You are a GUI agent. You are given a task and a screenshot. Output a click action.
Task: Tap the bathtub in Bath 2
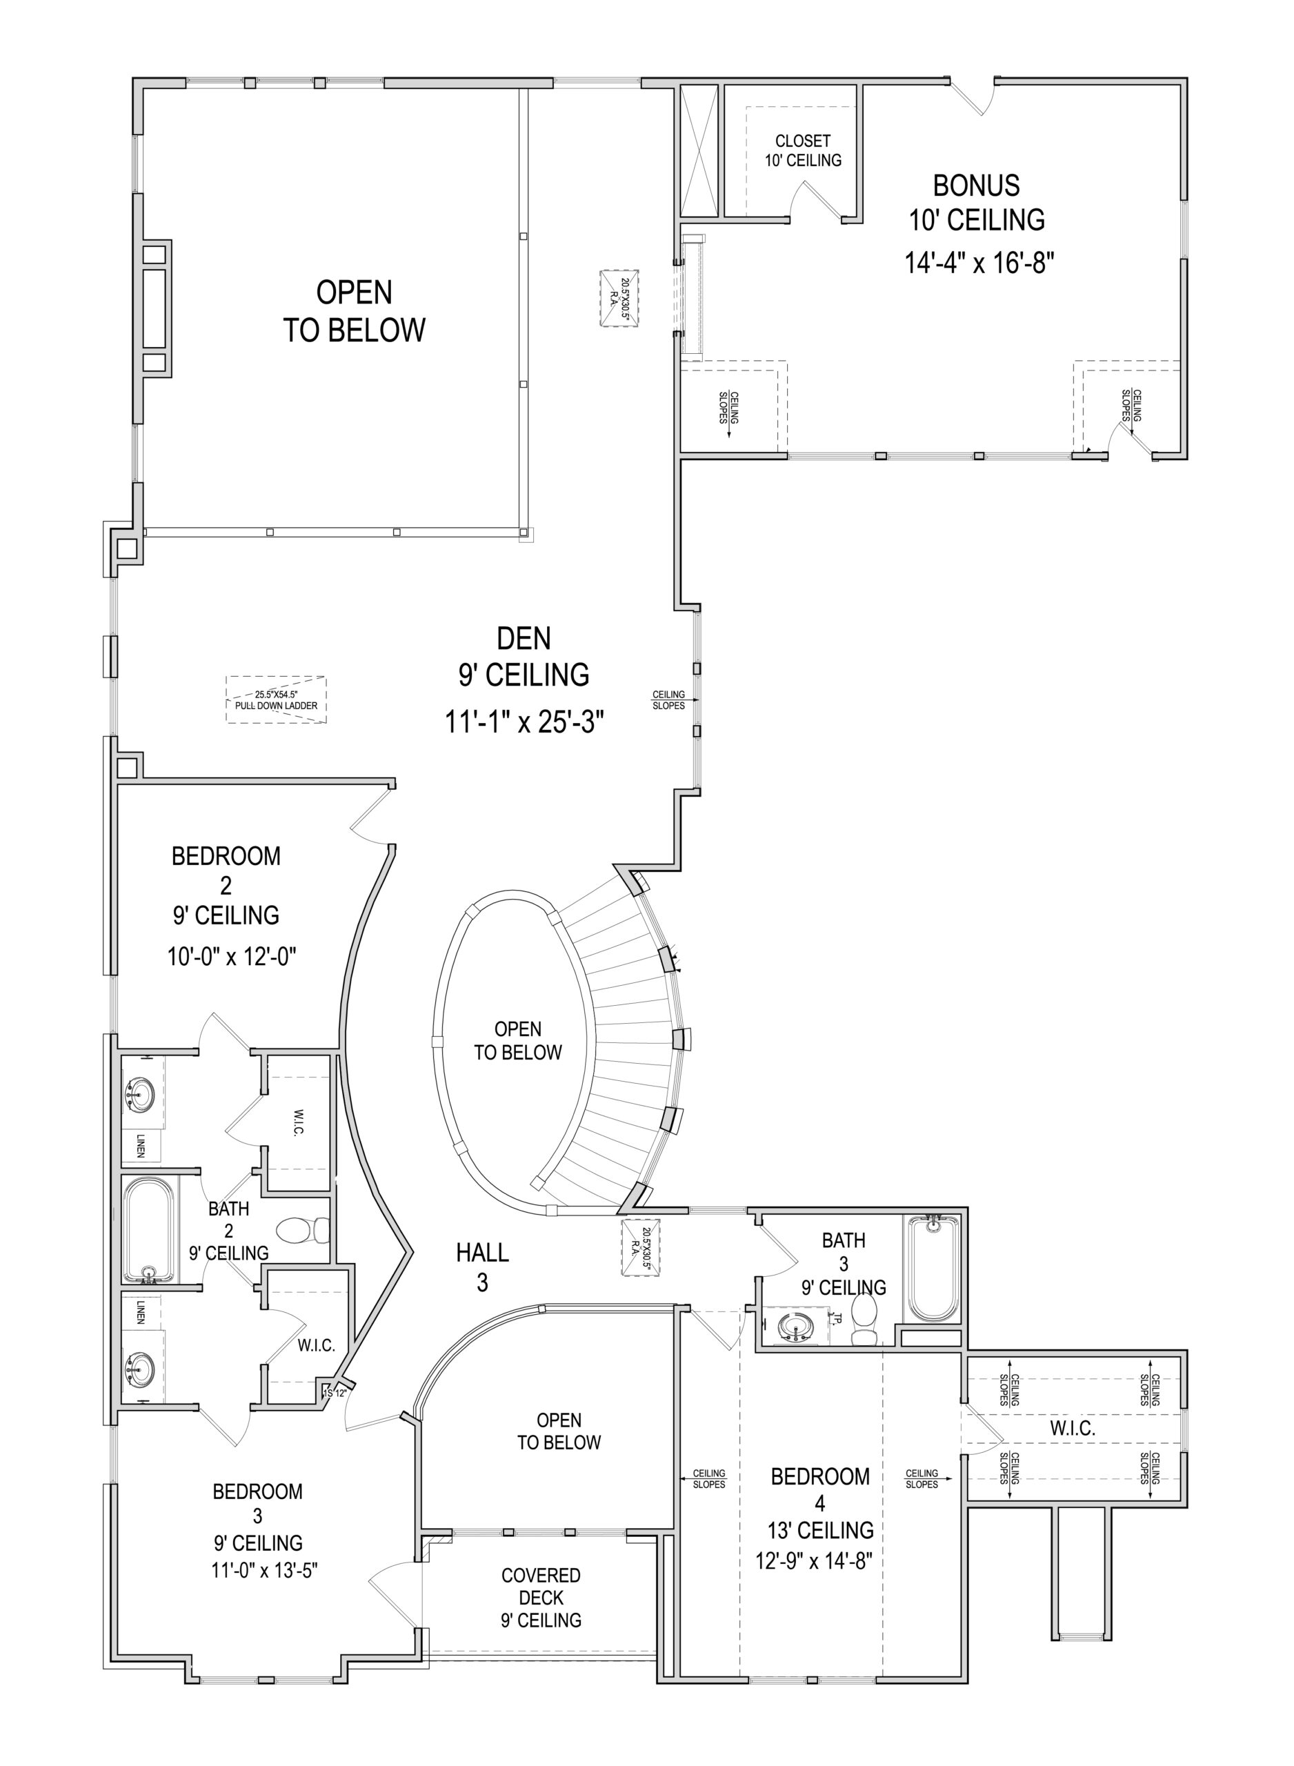(148, 1229)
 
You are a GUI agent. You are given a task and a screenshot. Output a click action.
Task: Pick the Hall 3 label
(483, 1267)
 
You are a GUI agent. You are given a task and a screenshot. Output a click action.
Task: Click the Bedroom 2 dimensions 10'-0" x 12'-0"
(231, 956)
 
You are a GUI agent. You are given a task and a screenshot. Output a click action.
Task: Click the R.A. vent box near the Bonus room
(619, 297)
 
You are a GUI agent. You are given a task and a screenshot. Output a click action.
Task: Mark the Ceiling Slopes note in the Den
(669, 700)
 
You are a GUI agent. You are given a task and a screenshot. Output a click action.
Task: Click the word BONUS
(976, 186)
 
